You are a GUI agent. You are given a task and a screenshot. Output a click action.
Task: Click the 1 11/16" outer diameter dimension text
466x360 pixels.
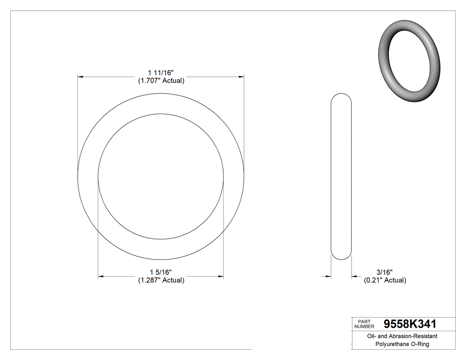coord(160,72)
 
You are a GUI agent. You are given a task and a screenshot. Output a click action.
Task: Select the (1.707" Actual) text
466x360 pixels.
coord(160,81)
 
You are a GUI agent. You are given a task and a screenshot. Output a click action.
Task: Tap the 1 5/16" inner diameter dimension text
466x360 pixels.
coord(160,272)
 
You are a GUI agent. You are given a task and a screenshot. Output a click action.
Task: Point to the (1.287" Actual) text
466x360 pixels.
coord(160,280)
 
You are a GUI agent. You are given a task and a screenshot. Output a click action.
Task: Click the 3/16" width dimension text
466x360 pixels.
coord(384,272)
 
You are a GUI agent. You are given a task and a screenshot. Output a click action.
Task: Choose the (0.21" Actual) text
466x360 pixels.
coord(384,280)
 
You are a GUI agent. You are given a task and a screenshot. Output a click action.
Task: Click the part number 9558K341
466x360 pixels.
coord(410,324)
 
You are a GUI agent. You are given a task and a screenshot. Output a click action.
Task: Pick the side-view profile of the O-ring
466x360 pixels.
coord(341,176)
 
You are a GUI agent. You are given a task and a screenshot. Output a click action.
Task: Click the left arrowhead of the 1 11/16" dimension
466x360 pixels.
coord(80,77)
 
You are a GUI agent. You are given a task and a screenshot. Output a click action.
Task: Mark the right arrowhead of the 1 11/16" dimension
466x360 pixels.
coord(241,77)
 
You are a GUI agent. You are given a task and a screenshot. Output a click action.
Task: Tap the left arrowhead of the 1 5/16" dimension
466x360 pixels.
coord(101,277)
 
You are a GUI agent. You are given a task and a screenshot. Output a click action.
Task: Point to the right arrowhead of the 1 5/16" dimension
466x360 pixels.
coord(221,277)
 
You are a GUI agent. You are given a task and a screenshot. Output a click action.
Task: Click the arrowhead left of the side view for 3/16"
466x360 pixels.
coord(328,277)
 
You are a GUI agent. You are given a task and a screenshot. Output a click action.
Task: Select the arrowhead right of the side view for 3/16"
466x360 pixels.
coord(354,277)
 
